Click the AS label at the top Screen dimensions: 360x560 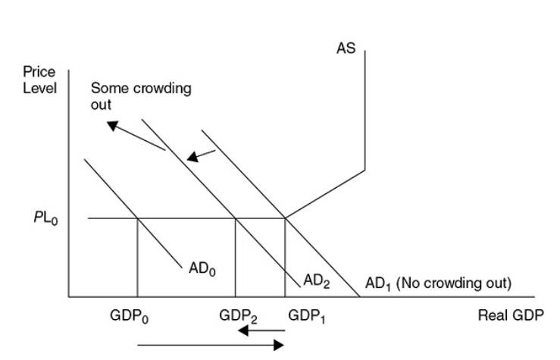click(346, 48)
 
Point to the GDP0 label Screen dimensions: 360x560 click(135, 317)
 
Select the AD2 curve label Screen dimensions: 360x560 click(316, 280)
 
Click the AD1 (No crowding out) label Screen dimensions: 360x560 click(437, 284)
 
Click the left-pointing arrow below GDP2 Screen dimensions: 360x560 click(258, 332)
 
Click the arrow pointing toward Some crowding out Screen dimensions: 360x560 click(136, 136)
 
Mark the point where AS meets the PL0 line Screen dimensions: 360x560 click(285, 218)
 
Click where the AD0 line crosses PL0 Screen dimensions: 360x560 click(137, 218)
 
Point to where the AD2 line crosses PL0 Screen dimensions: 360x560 click(236, 218)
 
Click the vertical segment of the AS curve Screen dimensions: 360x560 click(365, 114)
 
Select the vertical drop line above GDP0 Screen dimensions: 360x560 click(137, 258)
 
